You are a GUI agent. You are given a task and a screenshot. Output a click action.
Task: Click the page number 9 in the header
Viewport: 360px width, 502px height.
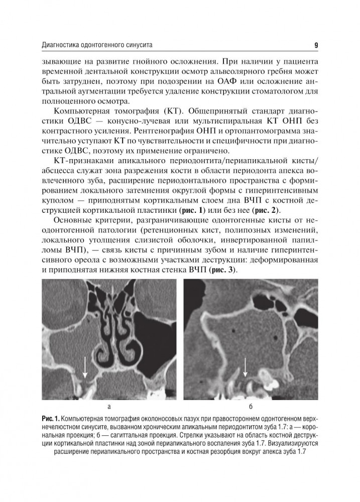coord(316,46)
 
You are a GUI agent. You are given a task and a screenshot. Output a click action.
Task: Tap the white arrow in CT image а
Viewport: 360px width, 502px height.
coord(85,366)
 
